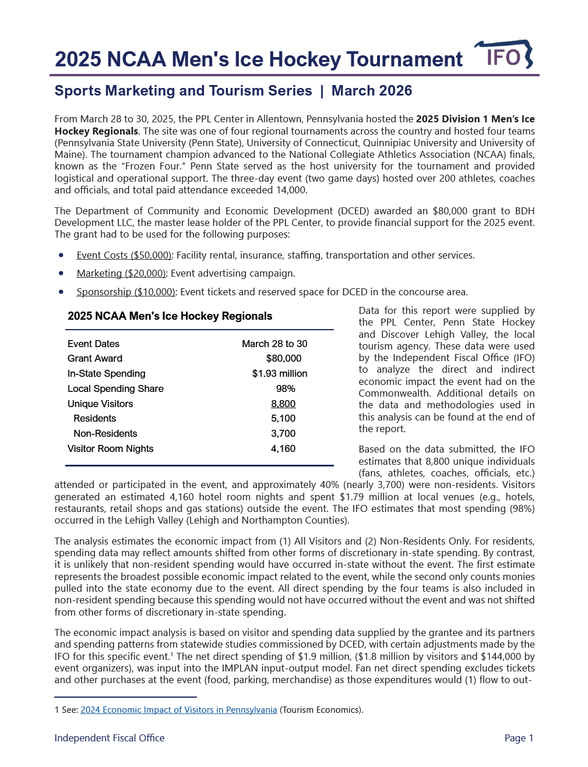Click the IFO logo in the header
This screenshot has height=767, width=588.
point(504,56)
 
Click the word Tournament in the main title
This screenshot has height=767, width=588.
point(404,59)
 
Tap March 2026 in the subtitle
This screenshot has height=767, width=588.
point(371,91)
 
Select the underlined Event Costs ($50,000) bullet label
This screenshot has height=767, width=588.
point(124,255)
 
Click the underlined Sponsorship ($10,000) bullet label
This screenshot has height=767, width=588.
point(126,292)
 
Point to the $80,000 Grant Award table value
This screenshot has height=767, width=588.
point(283,358)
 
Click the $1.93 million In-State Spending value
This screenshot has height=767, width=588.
point(280,373)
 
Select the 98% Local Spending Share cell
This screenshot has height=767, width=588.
point(286,388)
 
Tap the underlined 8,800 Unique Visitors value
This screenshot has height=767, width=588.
point(283,404)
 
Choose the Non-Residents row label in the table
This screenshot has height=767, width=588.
point(105,433)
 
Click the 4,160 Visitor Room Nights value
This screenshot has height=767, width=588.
point(283,448)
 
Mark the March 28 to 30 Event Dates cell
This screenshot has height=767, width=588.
point(274,344)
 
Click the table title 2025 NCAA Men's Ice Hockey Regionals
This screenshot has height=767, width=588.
point(170,316)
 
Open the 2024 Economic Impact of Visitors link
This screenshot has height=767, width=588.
point(178,709)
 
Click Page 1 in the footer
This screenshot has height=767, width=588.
point(519,738)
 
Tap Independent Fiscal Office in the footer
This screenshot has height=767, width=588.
point(110,738)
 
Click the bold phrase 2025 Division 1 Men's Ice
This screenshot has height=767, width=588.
point(475,119)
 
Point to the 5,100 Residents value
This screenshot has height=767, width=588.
point(283,418)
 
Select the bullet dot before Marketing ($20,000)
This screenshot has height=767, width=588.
point(61,273)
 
